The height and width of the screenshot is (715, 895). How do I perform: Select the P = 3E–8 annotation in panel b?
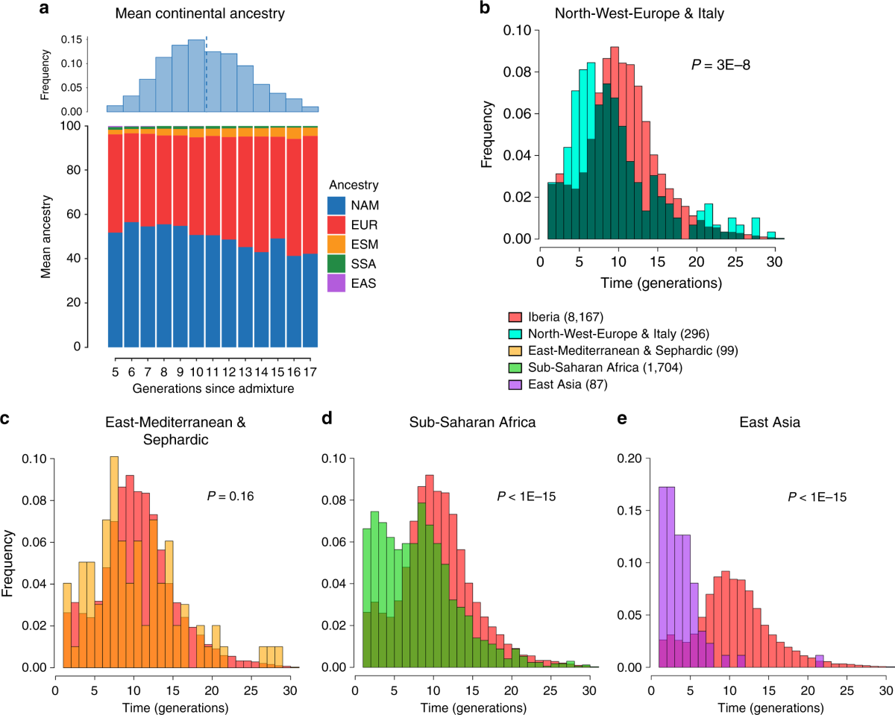(720, 65)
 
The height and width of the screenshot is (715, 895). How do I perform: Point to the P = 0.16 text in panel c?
(230, 494)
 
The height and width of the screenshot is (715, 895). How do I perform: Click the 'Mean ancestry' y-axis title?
(47, 236)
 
